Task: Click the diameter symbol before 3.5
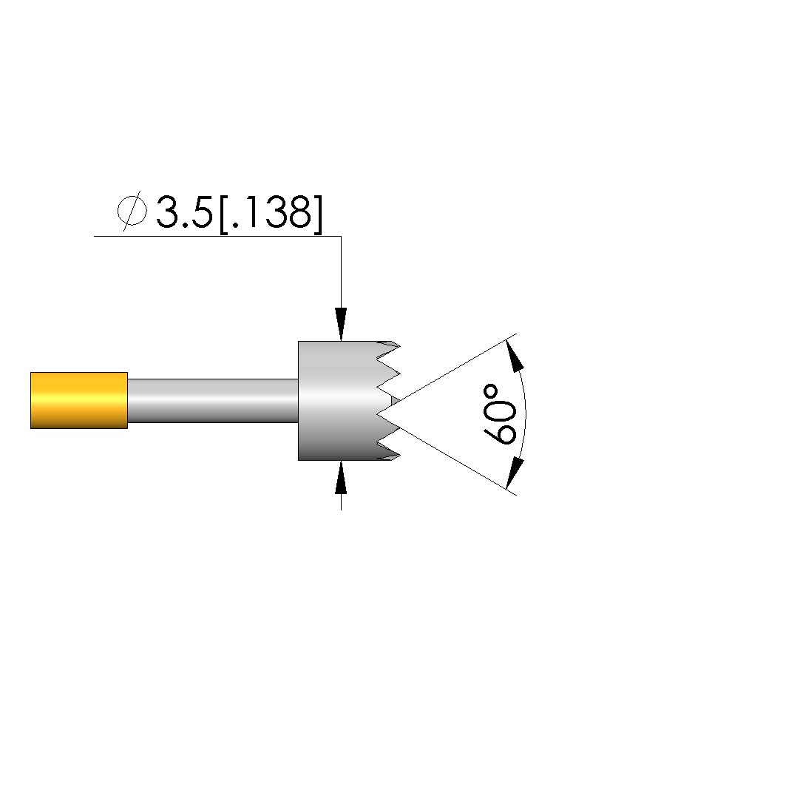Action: [x=132, y=211]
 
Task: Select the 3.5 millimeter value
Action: [x=184, y=212]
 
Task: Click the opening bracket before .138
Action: [x=223, y=214]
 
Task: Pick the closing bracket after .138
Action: [x=318, y=214]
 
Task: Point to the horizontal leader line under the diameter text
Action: [x=217, y=236]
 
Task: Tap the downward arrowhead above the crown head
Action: [x=341, y=324]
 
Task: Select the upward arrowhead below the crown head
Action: [x=341, y=477]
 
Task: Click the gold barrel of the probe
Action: [x=79, y=401]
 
